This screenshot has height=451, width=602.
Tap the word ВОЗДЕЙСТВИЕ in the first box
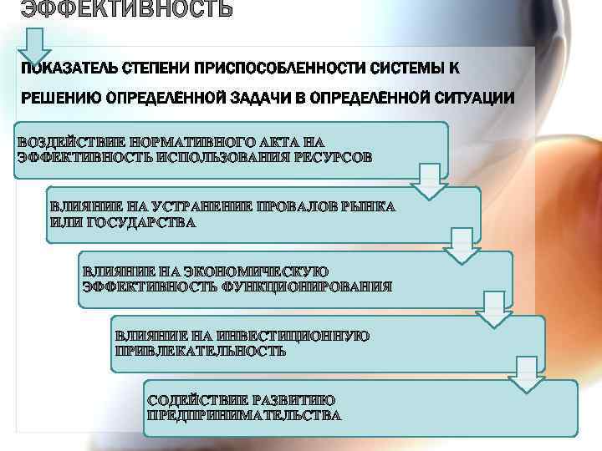pyautogui.click(x=70, y=143)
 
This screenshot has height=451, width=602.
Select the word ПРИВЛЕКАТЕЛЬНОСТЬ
pyautogui.click(x=200, y=351)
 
